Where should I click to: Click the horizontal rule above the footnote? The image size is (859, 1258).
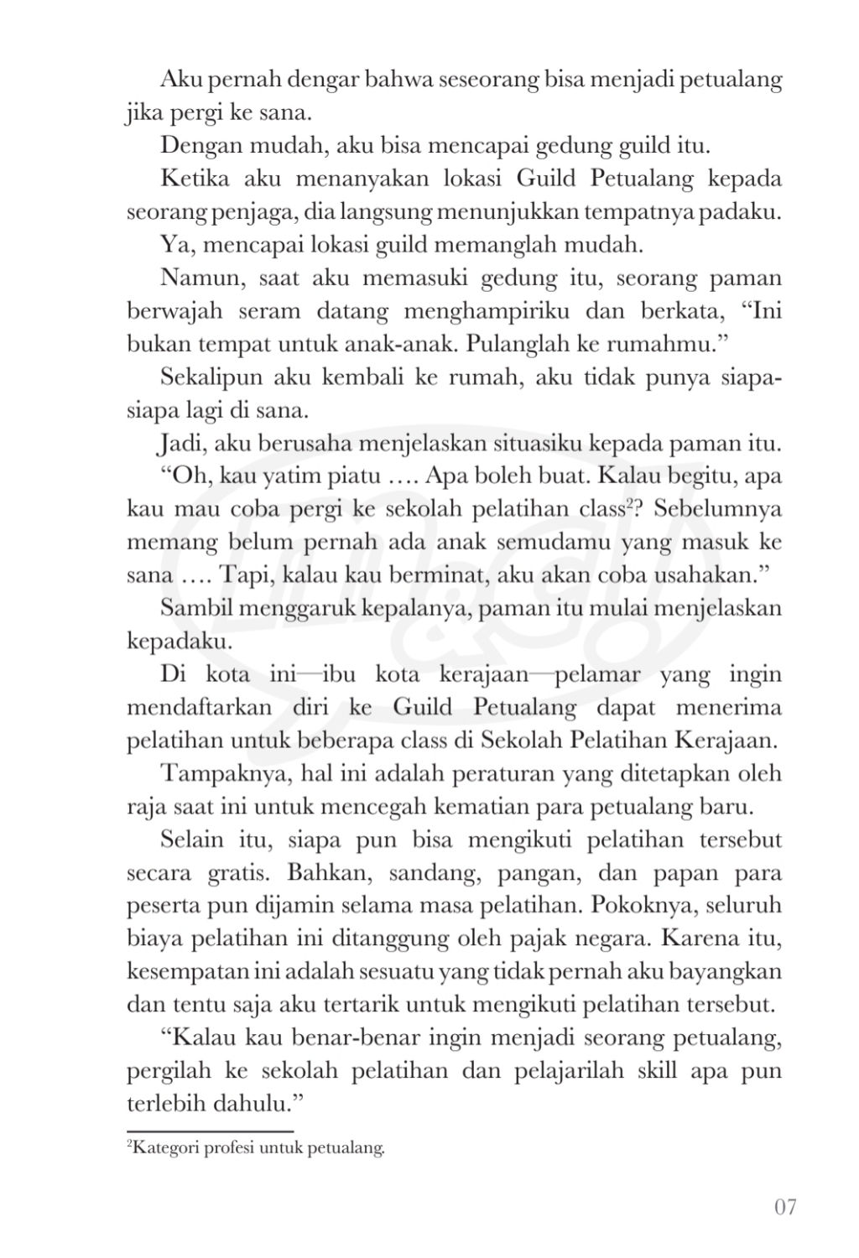tap(210, 1131)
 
